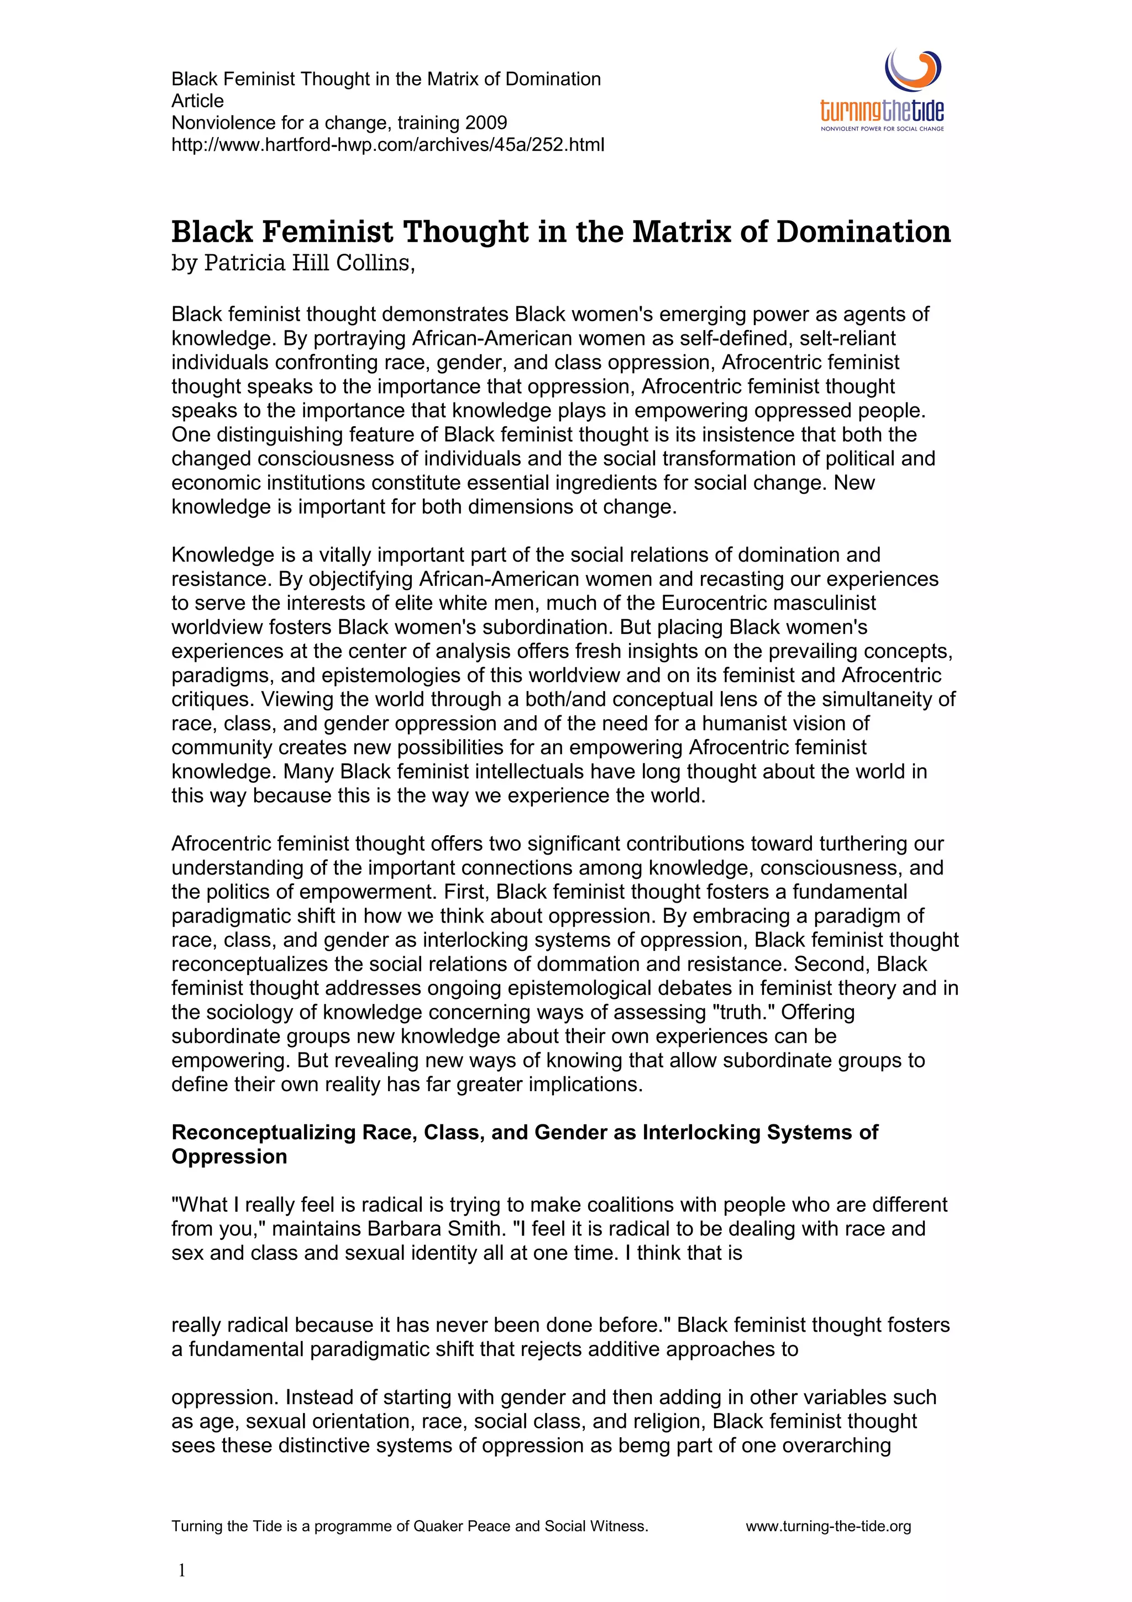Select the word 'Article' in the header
[x=197, y=101]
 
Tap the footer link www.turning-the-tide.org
[x=828, y=1527]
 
